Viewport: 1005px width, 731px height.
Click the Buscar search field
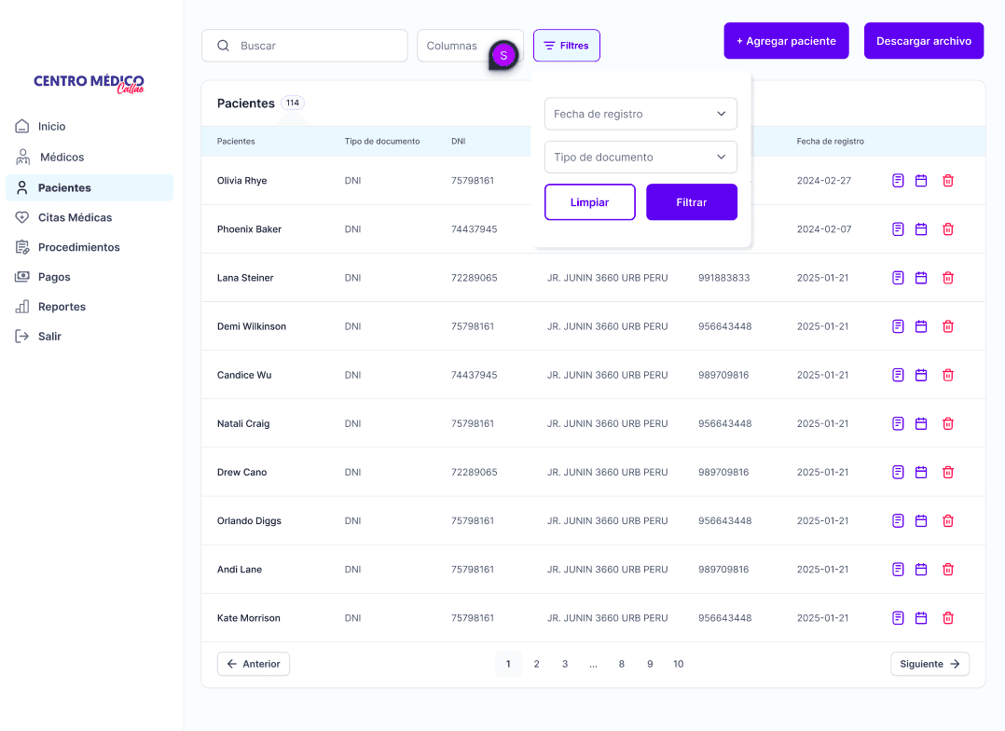305,46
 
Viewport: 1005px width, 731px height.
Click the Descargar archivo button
924,41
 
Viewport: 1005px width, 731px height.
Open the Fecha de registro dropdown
640,114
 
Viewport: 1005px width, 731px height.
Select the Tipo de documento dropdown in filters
640,157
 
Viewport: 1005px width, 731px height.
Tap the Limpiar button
589,202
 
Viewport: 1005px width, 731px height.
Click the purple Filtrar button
692,202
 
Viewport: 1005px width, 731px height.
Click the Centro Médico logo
89,83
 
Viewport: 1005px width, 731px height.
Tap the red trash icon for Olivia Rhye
948,181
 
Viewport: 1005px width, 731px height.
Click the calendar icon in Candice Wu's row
921,375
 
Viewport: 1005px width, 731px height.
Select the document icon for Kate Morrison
898,618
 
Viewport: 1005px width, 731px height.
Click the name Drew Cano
241,472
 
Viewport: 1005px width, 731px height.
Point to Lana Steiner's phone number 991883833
723,278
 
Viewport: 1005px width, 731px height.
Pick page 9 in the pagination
650,664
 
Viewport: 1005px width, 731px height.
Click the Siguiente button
929,664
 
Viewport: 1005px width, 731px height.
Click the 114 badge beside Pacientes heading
293,103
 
